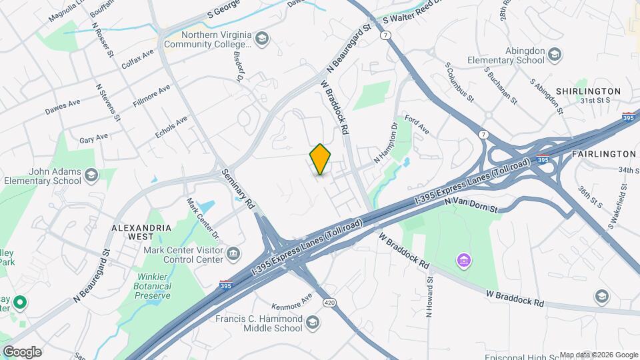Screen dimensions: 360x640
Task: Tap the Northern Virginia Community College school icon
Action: [x=261, y=37]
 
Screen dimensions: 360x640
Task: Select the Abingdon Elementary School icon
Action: [x=555, y=54]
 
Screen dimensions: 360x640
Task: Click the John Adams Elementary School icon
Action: [x=91, y=175]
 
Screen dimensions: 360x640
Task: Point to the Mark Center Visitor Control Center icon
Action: [x=233, y=253]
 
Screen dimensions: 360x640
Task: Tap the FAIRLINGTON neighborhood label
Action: [x=604, y=154]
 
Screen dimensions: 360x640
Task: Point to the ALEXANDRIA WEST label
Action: [x=141, y=232]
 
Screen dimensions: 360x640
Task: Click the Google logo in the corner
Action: [x=22, y=351]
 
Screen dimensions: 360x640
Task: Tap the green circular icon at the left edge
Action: [x=20, y=303]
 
